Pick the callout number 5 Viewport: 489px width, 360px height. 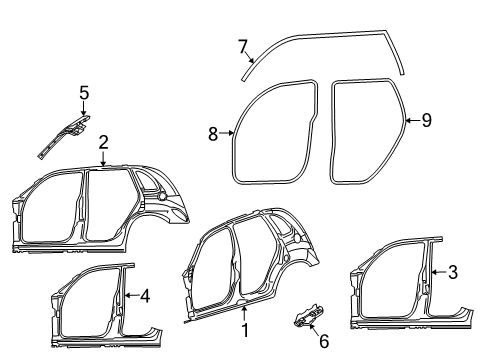point(84,94)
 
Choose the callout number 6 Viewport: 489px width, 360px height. point(322,341)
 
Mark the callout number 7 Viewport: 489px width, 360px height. point(241,45)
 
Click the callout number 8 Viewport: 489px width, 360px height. point(213,132)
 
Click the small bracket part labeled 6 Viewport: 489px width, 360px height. point(306,317)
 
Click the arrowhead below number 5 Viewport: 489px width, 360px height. point(84,112)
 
